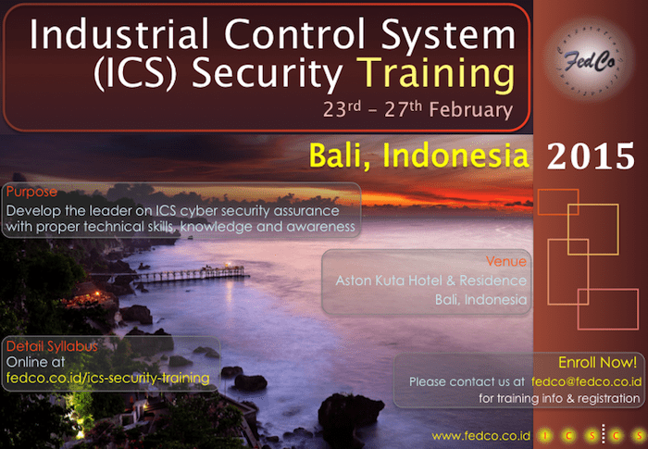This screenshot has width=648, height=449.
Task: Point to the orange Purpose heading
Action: (31, 193)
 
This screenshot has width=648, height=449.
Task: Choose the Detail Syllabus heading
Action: (52, 346)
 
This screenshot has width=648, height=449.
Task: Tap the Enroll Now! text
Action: (597, 363)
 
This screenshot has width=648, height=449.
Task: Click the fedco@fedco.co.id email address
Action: (586, 381)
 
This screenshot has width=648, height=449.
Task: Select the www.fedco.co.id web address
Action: (472, 435)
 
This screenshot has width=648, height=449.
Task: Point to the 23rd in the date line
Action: (342, 109)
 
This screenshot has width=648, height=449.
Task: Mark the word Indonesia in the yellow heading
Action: (455, 156)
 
